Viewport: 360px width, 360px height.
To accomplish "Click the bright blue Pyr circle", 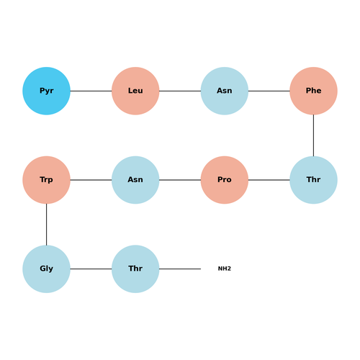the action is pyautogui.click(x=46, y=91).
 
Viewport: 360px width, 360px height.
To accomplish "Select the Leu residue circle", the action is pyautogui.click(x=135, y=91).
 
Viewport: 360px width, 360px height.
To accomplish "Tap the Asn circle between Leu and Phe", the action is pyautogui.click(x=225, y=91).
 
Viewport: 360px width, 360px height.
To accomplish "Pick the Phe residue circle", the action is pyautogui.click(x=313, y=91).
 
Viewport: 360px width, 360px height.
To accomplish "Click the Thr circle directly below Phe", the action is pyautogui.click(x=313, y=180).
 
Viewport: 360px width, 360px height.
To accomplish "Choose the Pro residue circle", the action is pyautogui.click(x=225, y=180).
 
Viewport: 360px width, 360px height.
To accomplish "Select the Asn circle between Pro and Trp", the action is pyautogui.click(x=135, y=180).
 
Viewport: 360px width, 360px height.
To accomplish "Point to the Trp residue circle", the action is pyautogui.click(x=46, y=180).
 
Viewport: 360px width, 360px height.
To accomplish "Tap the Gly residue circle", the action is pyautogui.click(x=46, y=269).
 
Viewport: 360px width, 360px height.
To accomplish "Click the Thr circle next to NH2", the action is pyautogui.click(x=135, y=269).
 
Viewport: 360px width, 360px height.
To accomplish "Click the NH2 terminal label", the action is pyautogui.click(x=225, y=269).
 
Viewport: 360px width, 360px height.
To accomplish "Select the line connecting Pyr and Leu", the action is pyautogui.click(x=91, y=91).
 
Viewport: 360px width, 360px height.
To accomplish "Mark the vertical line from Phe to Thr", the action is pyautogui.click(x=313, y=135).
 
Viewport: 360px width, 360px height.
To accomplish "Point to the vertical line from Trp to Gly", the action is pyautogui.click(x=46, y=225).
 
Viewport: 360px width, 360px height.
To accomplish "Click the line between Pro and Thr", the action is pyautogui.click(x=269, y=180).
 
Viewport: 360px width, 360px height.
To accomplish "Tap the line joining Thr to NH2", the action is pyautogui.click(x=180, y=269).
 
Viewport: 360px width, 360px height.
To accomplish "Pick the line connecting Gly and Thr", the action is pyautogui.click(x=91, y=269).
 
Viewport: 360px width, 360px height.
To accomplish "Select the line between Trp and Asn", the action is pyautogui.click(x=91, y=180).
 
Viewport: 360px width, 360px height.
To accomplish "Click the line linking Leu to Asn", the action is pyautogui.click(x=180, y=91).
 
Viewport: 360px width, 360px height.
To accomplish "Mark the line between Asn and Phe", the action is pyautogui.click(x=269, y=91).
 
